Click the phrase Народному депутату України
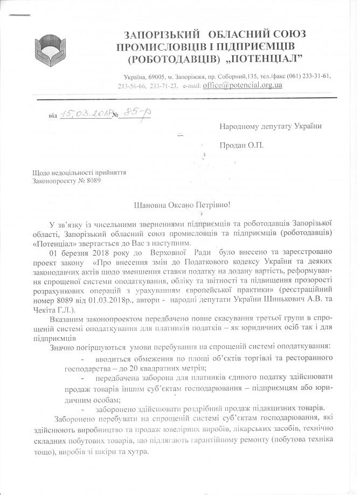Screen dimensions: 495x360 (x=270, y=127)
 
